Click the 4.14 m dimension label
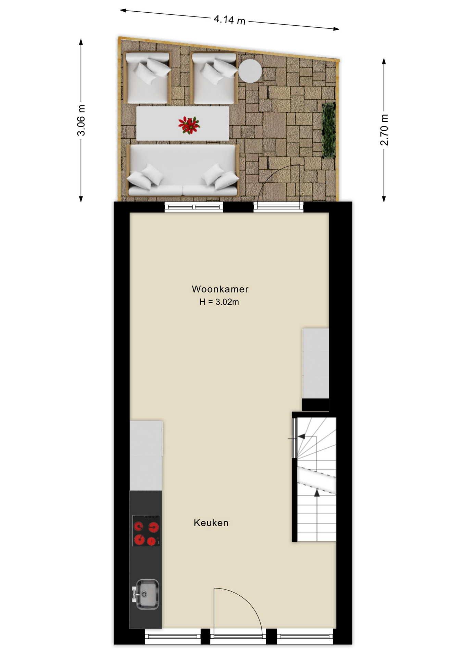click(x=229, y=20)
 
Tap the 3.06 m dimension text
click(x=81, y=120)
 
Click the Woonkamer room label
click(x=220, y=289)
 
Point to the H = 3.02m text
click(x=219, y=302)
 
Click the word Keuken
click(x=211, y=523)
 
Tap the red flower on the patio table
click(x=189, y=125)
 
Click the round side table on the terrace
click(x=250, y=71)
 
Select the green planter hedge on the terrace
click(x=329, y=130)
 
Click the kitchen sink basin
click(x=147, y=594)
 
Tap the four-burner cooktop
click(x=146, y=530)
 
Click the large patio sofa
click(x=183, y=170)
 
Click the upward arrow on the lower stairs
click(x=317, y=493)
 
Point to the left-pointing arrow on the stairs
click(x=301, y=436)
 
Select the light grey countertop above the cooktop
click(x=146, y=455)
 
